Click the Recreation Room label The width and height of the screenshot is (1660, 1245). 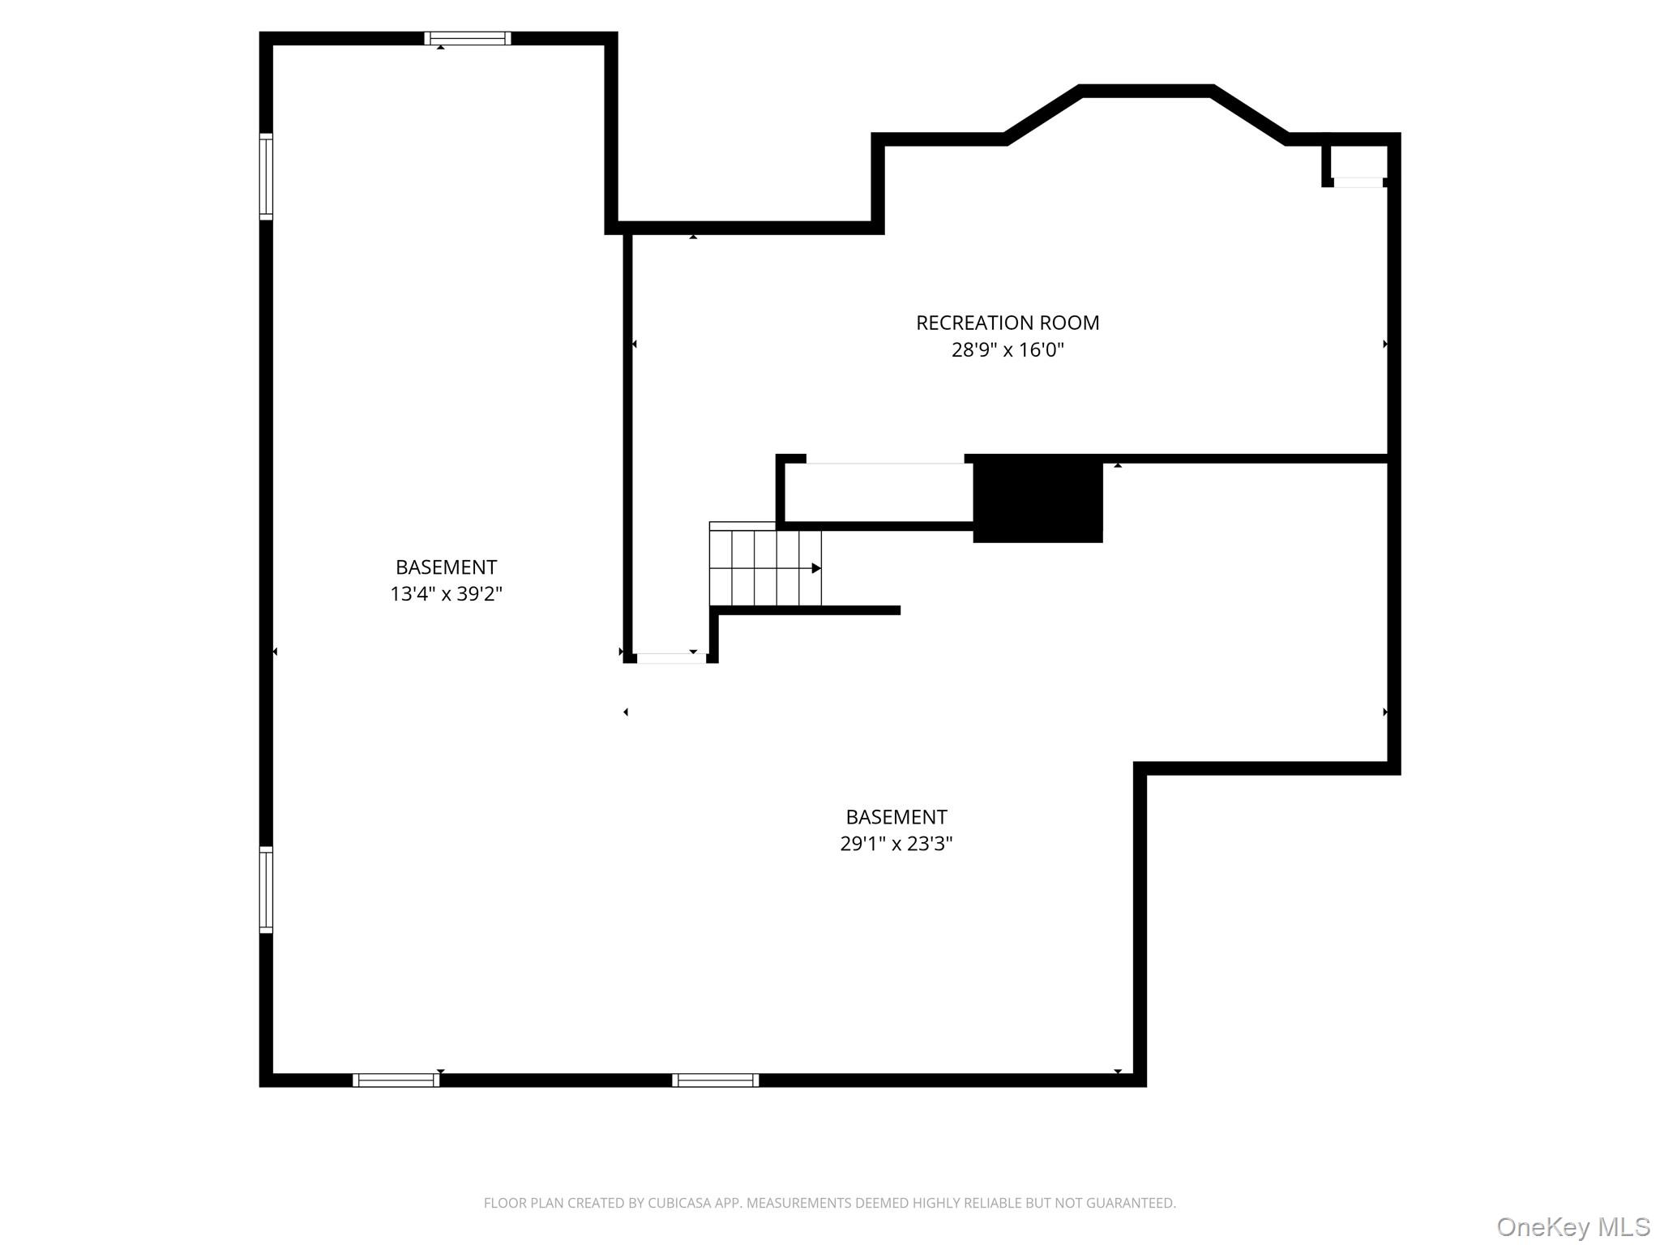pos(1008,323)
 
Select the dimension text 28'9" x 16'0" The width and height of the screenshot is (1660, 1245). pos(1008,349)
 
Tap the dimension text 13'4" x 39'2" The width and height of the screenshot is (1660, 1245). pos(446,593)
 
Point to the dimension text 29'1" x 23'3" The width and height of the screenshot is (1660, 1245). pos(896,843)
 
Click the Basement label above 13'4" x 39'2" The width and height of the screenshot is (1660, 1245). pos(446,567)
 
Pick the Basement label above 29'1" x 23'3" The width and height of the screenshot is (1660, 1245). pos(896,816)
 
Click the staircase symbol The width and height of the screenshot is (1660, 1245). pos(765,564)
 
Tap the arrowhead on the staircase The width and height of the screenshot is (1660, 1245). pos(816,568)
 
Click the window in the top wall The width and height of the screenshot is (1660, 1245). pos(468,38)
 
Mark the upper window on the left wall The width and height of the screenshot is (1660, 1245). pos(266,176)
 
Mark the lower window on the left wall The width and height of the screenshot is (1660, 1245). pos(266,889)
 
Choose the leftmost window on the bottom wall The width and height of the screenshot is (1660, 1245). pos(396,1080)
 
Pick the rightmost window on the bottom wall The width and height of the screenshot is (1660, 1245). pos(716,1080)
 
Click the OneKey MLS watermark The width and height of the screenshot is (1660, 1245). pos(1573,1226)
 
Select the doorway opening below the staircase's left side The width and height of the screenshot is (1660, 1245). pos(671,658)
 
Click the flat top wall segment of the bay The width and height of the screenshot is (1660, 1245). pos(1147,91)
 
